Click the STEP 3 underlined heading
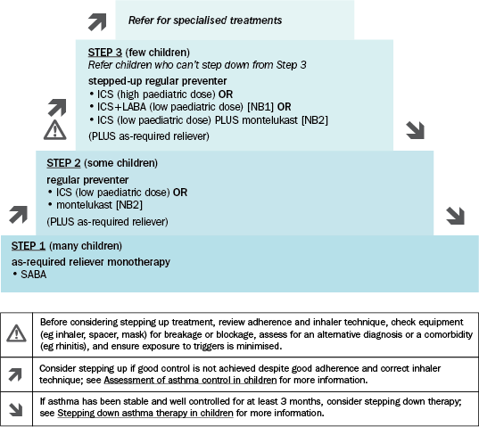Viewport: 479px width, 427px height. [x=104, y=53]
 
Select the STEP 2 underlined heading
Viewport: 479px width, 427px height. [x=63, y=163]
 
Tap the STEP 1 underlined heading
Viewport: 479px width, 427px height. [x=29, y=246]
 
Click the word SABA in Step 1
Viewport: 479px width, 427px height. [x=34, y=275]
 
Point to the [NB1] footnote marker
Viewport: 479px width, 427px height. [x=260, y=107]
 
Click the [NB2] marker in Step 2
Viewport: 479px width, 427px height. [x=129, y=205]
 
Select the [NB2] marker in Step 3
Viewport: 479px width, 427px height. [x=315, y=120]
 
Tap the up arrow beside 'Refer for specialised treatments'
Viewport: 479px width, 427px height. [x=97, y=22]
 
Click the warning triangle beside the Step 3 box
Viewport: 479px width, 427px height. [x=55, y=130]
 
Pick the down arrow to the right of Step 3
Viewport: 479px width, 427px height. [x=415, y=130]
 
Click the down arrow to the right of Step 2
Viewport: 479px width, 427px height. [x=455, y=216]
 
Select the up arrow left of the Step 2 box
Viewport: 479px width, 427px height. [x=19, y=215]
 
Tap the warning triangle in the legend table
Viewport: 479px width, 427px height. [x=16, y=333]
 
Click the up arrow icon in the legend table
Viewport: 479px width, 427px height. [x=15, y=374]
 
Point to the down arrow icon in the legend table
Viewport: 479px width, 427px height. [x=15, y=410]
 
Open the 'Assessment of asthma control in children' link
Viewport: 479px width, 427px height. [x=190, y=381]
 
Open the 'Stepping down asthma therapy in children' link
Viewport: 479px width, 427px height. [x=145, y=414]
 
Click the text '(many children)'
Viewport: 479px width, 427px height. [x=86, y=246]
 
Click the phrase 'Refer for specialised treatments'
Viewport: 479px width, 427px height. [x=205, y=21]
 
